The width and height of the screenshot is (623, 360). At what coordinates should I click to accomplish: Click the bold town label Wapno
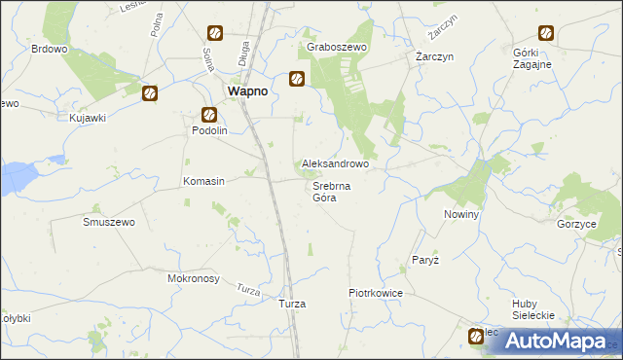point(247,90)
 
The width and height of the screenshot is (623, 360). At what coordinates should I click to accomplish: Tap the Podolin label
point(209,130)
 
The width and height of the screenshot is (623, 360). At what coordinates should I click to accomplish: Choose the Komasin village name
point(204,181)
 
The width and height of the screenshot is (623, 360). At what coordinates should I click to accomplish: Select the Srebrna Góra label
point(332,192)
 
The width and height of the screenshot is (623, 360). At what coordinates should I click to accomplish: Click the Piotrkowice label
point(376,292)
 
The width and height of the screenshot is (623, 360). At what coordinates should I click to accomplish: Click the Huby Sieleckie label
point(532,309)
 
